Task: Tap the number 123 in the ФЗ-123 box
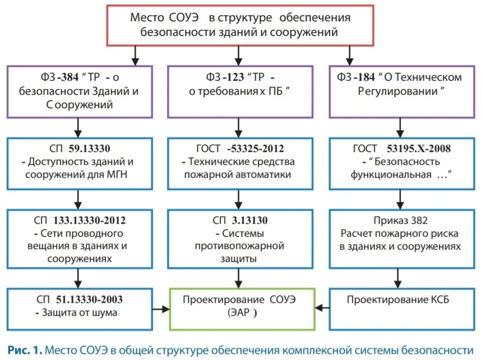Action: (235, 77)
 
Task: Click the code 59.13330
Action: (89, 149)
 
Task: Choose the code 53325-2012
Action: (256, 149)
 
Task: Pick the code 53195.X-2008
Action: (419, 149)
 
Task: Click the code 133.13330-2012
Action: (90, 220)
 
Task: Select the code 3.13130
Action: (249, 220)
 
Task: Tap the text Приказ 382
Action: (401, 220)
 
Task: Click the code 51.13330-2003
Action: (89, 299)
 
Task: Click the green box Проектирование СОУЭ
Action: (170, 309)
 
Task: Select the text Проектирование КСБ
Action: (398, 299)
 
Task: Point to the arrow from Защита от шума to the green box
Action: (161, 309)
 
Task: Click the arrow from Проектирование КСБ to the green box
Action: (322, 307)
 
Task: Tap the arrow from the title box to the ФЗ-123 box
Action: (239, 56)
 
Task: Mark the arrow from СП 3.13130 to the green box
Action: (239, 279)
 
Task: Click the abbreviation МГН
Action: (117, 175)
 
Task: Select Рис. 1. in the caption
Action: (25, 350)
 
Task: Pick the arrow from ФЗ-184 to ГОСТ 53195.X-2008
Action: (400, 128)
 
